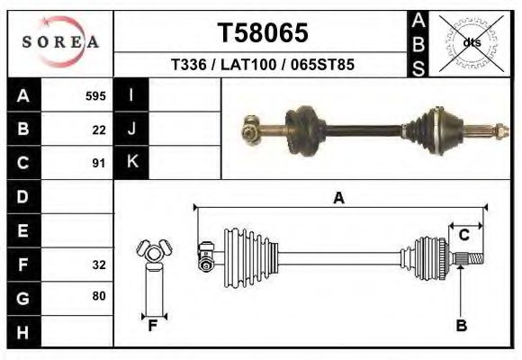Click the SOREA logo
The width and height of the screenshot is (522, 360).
60,42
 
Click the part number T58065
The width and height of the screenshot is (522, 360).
263,33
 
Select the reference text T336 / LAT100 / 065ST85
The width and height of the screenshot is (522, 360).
263,65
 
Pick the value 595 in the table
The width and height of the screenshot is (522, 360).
95,95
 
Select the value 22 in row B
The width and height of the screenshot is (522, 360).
99,130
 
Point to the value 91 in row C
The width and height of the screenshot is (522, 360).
99,164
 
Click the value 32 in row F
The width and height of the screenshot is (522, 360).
99,265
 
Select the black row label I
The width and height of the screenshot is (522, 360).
131,95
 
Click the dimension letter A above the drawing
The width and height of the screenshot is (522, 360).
338,198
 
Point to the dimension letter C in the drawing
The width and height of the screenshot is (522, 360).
463,235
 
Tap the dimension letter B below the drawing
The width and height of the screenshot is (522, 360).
461,326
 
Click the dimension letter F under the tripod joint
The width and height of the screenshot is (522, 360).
152,326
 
